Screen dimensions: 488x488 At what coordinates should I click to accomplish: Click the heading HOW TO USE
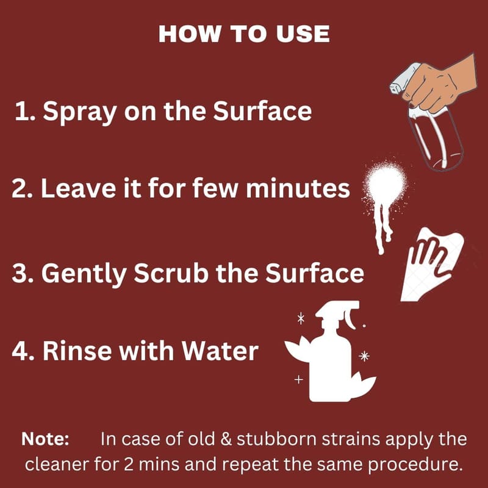tap(244, 34)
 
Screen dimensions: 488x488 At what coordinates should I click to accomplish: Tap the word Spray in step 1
tap(80, 112)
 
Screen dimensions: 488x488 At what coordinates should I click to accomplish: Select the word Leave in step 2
tap(79, 188)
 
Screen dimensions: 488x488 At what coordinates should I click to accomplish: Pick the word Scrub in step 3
tap(171, 273)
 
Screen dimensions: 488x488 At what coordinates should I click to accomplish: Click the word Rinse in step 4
tap(77, 351)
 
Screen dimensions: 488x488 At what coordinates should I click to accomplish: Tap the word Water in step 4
tap(220, 351)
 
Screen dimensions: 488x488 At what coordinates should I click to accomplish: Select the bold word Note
tap(45, 439)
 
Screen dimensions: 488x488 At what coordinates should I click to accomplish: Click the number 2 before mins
tap(129, 464)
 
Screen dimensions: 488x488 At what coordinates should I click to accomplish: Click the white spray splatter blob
tap(386, 187)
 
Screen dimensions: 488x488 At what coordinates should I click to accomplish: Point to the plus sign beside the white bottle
tap(298, 379)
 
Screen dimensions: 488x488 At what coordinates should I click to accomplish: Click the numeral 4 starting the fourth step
tap(19, 351)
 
